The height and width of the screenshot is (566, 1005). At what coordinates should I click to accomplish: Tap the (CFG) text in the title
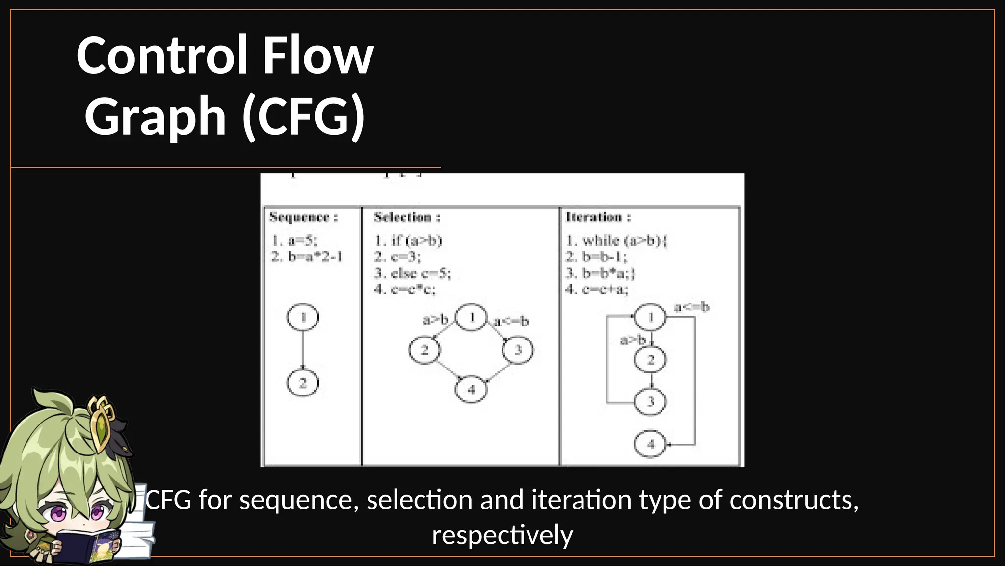point(304,116)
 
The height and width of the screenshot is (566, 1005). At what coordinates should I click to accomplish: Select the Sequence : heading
point(303,217)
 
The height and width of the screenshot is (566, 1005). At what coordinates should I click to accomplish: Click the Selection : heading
point(407,217)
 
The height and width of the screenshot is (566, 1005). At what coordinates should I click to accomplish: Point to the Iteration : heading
point(598,217)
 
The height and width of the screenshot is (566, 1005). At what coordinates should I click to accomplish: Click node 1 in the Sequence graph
point(303,317)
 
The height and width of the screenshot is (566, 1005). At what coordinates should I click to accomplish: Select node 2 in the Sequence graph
point(303,383)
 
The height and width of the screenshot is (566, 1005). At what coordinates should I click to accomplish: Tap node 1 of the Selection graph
point(472,317)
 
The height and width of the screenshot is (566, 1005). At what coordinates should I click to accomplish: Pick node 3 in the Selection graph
point(518,350)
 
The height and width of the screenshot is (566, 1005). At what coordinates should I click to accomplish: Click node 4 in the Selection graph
point(472,390)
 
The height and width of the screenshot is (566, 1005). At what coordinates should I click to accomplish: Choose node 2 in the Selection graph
point(424,350)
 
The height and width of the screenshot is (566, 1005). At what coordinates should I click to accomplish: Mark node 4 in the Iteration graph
point(651,444)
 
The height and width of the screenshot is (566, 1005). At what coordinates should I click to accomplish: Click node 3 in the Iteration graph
point(651,401)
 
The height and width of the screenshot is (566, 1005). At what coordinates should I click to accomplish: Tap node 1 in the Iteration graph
point(651,317)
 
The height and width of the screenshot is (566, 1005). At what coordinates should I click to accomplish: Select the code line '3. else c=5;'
point(412,273)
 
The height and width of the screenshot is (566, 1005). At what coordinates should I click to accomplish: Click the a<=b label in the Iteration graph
point(691,308)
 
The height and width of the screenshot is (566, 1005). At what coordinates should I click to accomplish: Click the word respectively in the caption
point(502,535)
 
